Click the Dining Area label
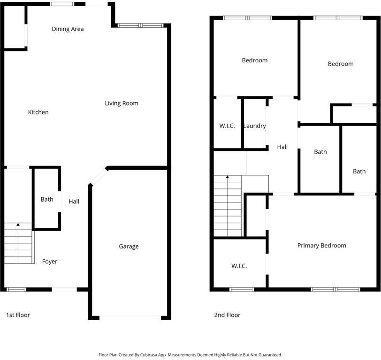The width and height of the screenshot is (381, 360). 68,29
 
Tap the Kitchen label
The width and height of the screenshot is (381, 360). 38,112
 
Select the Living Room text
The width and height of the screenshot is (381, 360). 122,103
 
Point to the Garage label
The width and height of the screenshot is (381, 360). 129,247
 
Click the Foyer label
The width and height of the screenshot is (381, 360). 50,262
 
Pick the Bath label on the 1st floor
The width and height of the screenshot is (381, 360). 47,199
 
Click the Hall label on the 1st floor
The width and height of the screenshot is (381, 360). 74,202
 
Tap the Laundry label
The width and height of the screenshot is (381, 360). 254,126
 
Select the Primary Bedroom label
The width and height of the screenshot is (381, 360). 321,246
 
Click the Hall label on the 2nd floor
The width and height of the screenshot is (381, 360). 282,147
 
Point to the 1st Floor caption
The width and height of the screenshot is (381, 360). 18,315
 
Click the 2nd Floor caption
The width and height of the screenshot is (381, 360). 227,315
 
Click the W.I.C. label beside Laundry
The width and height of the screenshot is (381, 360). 227,126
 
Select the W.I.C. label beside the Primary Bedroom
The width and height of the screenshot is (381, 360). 239,266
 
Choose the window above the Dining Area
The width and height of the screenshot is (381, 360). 62,4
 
